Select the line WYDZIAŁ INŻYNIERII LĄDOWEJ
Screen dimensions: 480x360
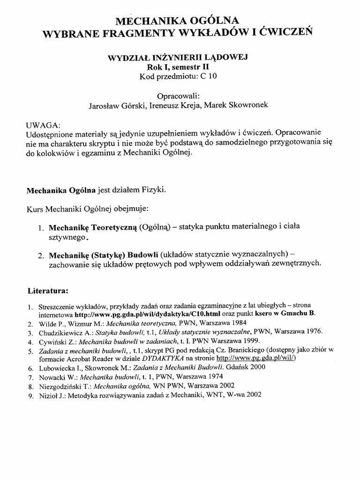tap(178, 58)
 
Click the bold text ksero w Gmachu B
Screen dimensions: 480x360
tap(287, 314)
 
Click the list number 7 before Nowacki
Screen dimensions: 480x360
tap(30, 376)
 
